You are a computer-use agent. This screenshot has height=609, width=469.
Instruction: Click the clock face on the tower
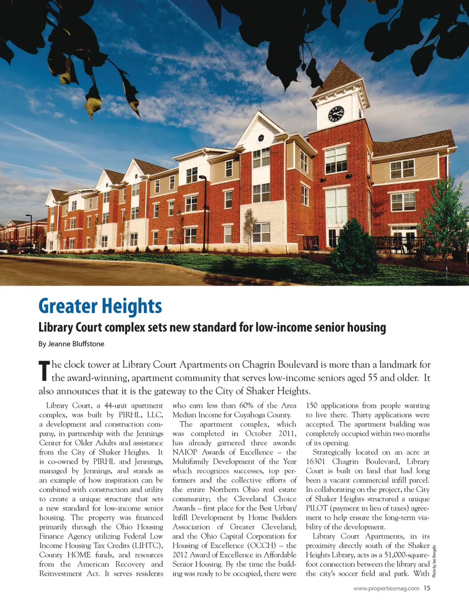click(x=336, y=114)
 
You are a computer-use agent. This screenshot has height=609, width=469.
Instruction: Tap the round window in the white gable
click(x=261, y=138)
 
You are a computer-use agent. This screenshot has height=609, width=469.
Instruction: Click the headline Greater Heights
click(x=100, y=306)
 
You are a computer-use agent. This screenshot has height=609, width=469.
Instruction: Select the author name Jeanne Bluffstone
click(x=71, y=343)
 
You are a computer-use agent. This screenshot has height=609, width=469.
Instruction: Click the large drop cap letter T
click(x=44, y=370)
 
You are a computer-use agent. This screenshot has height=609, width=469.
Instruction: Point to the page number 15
click(x=427, y=588)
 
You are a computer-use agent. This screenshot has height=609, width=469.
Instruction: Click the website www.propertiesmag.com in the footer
click(x=386, y=588)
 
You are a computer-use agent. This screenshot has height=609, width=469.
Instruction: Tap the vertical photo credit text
click(x=434, y=561)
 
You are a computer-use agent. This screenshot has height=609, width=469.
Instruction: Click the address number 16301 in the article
click(x=316, y=461)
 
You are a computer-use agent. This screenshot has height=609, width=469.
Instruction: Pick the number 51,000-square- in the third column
click(x=402, y=555)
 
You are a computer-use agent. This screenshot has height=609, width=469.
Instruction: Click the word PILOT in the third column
click(x=317, y=508)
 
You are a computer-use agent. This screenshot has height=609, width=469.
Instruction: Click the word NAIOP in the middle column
click(x=185, y=452)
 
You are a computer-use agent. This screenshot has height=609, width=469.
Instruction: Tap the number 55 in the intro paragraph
click(x=372, y=378)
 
